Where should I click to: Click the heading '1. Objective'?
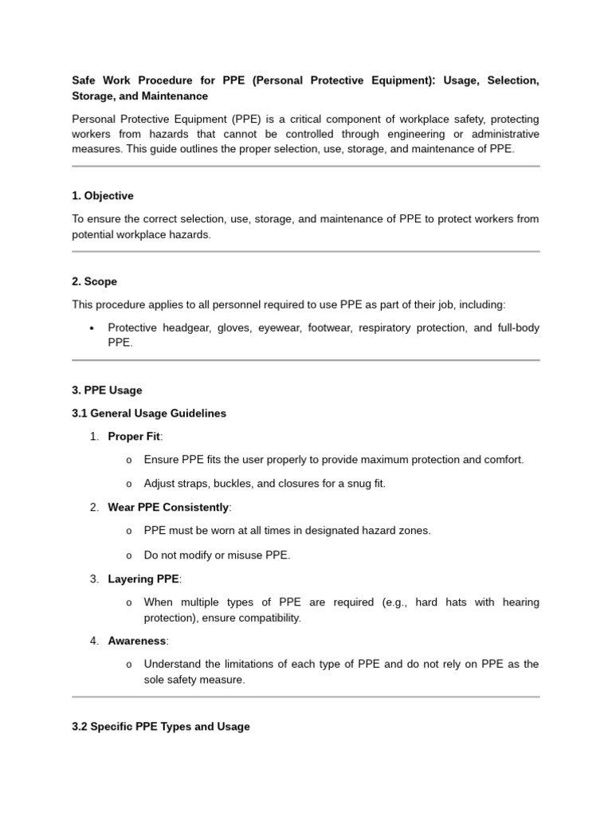click(103, 196)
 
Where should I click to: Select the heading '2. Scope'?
click(94, 281)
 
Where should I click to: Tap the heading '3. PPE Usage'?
click(107, 390)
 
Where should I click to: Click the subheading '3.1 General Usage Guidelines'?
click(149, 414)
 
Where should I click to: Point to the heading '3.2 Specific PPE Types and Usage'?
click(160, 727)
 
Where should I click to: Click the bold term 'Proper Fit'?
click(134, 437)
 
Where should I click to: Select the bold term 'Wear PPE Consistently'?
click(168, 508)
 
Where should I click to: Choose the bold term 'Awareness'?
click(137, 641)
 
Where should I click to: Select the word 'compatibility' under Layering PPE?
click(266, 618)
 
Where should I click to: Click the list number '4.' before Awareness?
click(95, 641)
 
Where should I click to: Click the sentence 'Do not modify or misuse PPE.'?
click(217, 555)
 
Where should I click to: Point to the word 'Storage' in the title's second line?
click(93, 96)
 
